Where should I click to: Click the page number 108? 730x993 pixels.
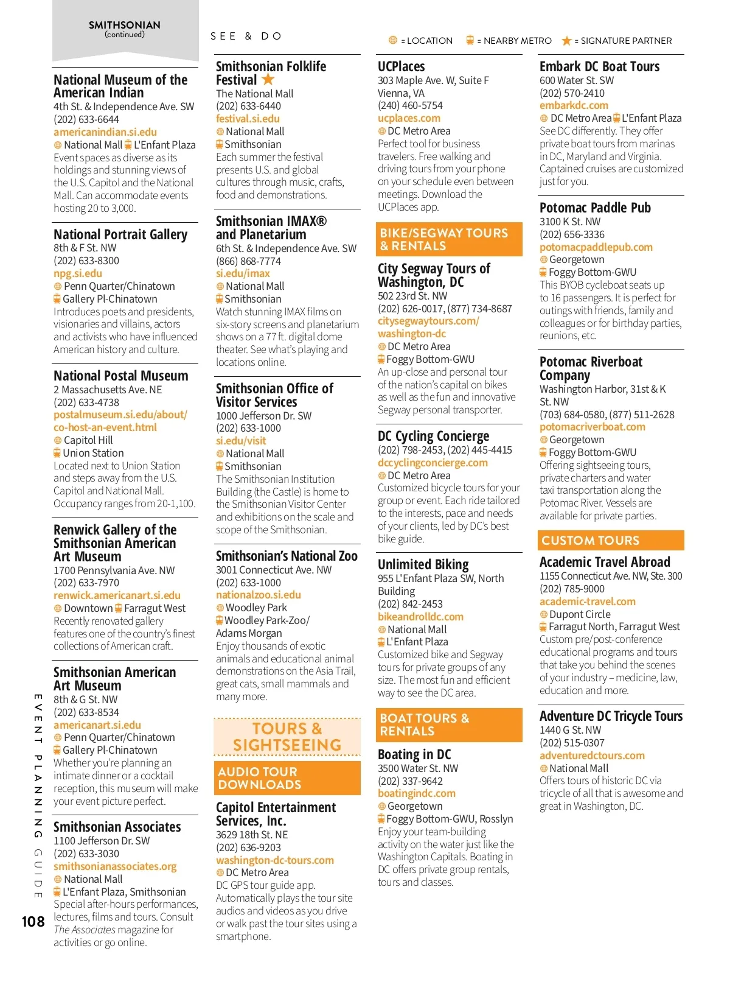point(33,922)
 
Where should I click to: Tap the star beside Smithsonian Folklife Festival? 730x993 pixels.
point(268,79)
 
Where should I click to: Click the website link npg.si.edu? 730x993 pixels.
point(78,273)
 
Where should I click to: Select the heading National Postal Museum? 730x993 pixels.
point(121,376)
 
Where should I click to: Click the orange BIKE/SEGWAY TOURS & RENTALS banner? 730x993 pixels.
point(449,239)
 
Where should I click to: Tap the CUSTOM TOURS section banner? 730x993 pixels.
point(610,540)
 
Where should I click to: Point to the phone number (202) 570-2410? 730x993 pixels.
point(572,93)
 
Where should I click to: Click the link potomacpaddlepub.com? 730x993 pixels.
point(596,247)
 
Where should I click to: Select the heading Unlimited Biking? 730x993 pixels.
point(423,564)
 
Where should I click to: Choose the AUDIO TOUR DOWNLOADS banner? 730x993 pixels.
point(287,778)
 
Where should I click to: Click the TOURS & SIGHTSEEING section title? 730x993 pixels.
point(287,737)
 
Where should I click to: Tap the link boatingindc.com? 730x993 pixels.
point(416,793)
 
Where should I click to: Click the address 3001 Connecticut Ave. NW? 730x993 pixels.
point(274,570)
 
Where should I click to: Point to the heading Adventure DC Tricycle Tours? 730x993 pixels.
point(611,716)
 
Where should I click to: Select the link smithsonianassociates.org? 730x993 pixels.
point(115,866)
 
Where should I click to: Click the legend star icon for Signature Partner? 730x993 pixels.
point(566,41)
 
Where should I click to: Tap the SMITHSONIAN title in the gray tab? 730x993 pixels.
point(125,25)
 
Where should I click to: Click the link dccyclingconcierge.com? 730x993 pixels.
point(433,463)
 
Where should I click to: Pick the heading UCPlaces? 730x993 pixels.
point(401,66)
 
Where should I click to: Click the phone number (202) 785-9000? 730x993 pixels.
point(572,589)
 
